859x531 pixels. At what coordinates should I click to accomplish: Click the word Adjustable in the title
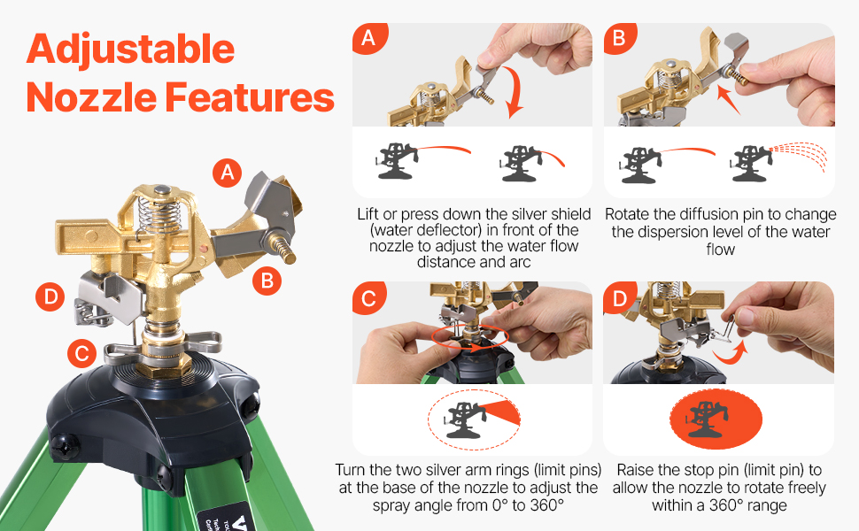tap(130, 50)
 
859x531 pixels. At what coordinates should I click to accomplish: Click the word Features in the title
tap(250, 97)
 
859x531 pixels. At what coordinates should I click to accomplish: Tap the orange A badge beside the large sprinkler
tap(228, 173)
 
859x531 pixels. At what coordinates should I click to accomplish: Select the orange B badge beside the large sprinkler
tap(267, 281)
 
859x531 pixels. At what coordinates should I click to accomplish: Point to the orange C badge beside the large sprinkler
tap(82, 353)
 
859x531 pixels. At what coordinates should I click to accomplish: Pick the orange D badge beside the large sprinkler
tap(50, 296)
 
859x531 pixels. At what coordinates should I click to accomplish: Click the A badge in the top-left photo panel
tap(369, 38)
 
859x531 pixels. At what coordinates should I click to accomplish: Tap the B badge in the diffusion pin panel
tap(620, 38)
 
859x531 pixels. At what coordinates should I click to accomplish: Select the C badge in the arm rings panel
tap(368, 298)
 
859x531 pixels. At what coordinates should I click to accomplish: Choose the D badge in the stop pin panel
tap(620, 299)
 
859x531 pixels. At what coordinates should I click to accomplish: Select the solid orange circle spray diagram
tap(716, 419)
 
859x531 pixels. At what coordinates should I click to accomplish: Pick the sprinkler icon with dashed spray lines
tap(778, 161)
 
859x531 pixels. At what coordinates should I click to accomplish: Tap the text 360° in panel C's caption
tap(546, 505)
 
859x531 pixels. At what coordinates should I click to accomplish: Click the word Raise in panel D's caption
tap(636, 470)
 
